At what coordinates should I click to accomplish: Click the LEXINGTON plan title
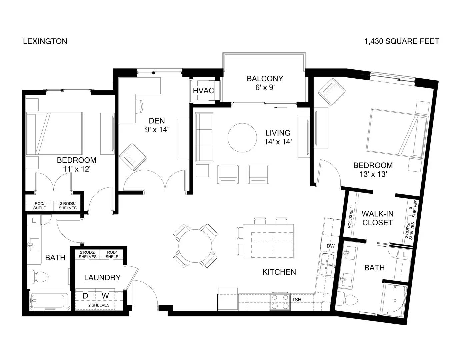coord(45,41)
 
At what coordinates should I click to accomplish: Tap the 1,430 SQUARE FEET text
coord(402,41)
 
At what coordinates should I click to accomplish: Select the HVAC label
coord(203,91)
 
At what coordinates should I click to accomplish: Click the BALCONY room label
coord(265,78)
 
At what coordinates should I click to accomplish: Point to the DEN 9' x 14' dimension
coord(157,130)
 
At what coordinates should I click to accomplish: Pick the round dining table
coord(195,246)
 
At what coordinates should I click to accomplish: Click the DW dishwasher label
coord(330,246)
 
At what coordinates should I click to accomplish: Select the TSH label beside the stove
coord(297,300)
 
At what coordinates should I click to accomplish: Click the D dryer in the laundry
coord(85,296)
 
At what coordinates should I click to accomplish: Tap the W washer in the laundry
coord(105,296)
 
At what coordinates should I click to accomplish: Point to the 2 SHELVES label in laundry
coord(99,305)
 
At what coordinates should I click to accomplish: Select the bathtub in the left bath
coord(50,300)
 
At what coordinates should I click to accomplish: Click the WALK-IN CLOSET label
coord(377,218)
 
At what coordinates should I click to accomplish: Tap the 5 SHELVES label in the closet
coord(412,209)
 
